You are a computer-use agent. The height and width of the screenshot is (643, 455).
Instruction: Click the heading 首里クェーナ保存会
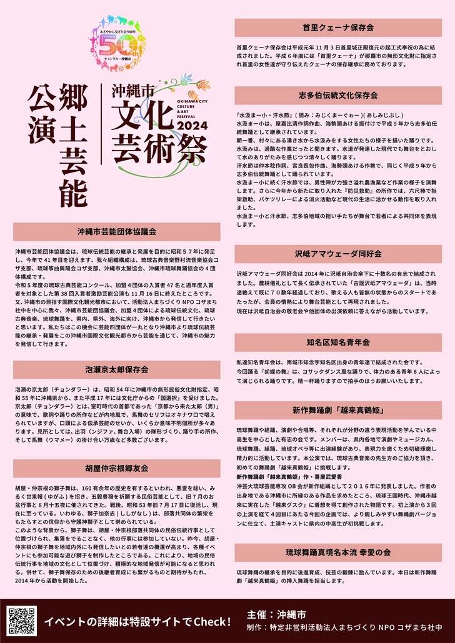tap(337, 28)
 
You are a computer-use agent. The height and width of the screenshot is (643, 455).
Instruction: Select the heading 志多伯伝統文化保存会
tap(337, 96)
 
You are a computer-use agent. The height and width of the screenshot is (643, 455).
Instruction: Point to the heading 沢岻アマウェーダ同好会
tap(337, 254)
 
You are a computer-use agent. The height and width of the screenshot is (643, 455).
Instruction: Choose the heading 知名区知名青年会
tap(337, 342)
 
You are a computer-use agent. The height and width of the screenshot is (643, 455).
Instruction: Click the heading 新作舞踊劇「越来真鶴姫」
tap(337, 411)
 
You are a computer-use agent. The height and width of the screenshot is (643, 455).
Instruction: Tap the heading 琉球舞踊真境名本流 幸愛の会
tap(337, 552)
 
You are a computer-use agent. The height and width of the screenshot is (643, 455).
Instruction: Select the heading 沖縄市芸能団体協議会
tap(117, 231)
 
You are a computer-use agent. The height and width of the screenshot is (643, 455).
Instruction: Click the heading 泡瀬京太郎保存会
tap(117, 370)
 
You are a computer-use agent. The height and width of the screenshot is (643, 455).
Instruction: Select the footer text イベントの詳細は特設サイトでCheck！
tap(137, 622)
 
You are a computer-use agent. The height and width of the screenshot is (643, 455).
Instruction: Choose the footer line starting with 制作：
tap(344, 626)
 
